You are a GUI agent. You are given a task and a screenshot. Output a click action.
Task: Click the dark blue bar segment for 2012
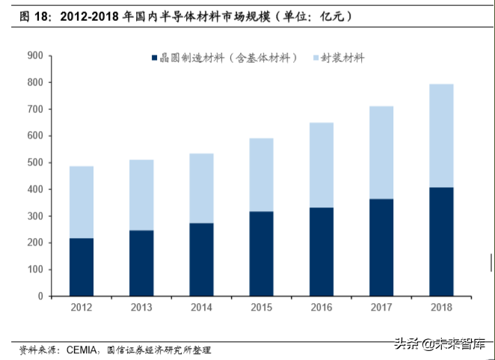pos(82,267)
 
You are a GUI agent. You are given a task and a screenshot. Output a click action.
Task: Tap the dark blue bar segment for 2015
pos(261,254)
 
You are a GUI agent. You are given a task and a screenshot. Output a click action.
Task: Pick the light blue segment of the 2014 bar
pos(201,188)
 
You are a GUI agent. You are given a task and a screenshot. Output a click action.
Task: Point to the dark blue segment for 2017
pos(381,248)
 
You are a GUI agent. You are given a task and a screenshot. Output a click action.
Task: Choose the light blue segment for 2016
pos(321,165)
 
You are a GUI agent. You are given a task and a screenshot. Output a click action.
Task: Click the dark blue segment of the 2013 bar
pos(141,263)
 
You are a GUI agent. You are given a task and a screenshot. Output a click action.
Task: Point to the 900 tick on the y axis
pos(34,55)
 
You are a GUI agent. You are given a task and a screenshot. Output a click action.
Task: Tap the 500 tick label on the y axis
pos(34,162)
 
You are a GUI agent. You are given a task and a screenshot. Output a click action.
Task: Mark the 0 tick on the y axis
pos(40,296)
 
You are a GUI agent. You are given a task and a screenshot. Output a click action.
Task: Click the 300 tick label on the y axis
pos(34,216)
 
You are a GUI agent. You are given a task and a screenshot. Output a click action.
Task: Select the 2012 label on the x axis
pos(82,308)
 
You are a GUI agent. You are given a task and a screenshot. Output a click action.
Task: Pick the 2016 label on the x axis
pos(321,308)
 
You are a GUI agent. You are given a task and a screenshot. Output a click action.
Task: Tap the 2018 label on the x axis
pos(440,308)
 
